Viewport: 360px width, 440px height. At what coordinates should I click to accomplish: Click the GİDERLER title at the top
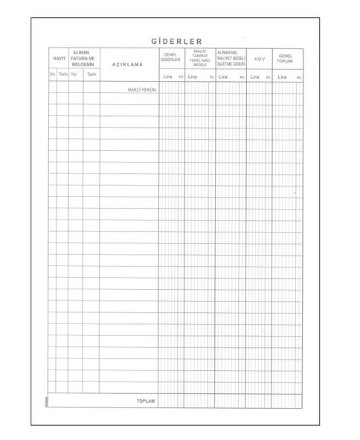176,41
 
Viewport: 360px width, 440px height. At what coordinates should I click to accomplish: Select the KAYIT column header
58,59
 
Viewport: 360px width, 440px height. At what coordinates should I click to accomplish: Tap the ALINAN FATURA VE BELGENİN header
82,59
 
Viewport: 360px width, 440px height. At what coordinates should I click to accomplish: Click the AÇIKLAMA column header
128,65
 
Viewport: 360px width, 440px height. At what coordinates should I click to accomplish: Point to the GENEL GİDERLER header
170,57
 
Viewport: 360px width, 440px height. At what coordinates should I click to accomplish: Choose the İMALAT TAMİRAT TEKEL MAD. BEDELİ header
199,58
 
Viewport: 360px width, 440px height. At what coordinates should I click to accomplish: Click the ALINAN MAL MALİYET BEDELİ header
230,58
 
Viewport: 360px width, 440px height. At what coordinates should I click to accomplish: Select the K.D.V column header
259,58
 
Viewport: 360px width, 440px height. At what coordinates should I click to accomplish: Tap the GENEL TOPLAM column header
286,58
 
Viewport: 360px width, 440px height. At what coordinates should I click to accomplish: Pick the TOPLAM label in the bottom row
146,401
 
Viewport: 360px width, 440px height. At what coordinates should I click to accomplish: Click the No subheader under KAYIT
52,74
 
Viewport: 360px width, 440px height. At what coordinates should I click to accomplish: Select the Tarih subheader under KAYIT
63,74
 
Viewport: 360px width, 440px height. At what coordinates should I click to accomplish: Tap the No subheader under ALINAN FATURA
74,74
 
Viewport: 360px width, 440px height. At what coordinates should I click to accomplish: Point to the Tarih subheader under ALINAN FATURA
91,74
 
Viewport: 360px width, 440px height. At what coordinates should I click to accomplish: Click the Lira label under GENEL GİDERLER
167,77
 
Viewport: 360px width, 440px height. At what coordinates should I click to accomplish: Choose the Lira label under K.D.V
254,77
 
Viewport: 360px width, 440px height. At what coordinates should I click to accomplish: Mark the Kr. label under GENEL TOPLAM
299,77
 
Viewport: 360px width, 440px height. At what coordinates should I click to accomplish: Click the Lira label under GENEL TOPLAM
282,77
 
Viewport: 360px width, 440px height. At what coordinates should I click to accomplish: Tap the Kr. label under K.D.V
269,77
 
